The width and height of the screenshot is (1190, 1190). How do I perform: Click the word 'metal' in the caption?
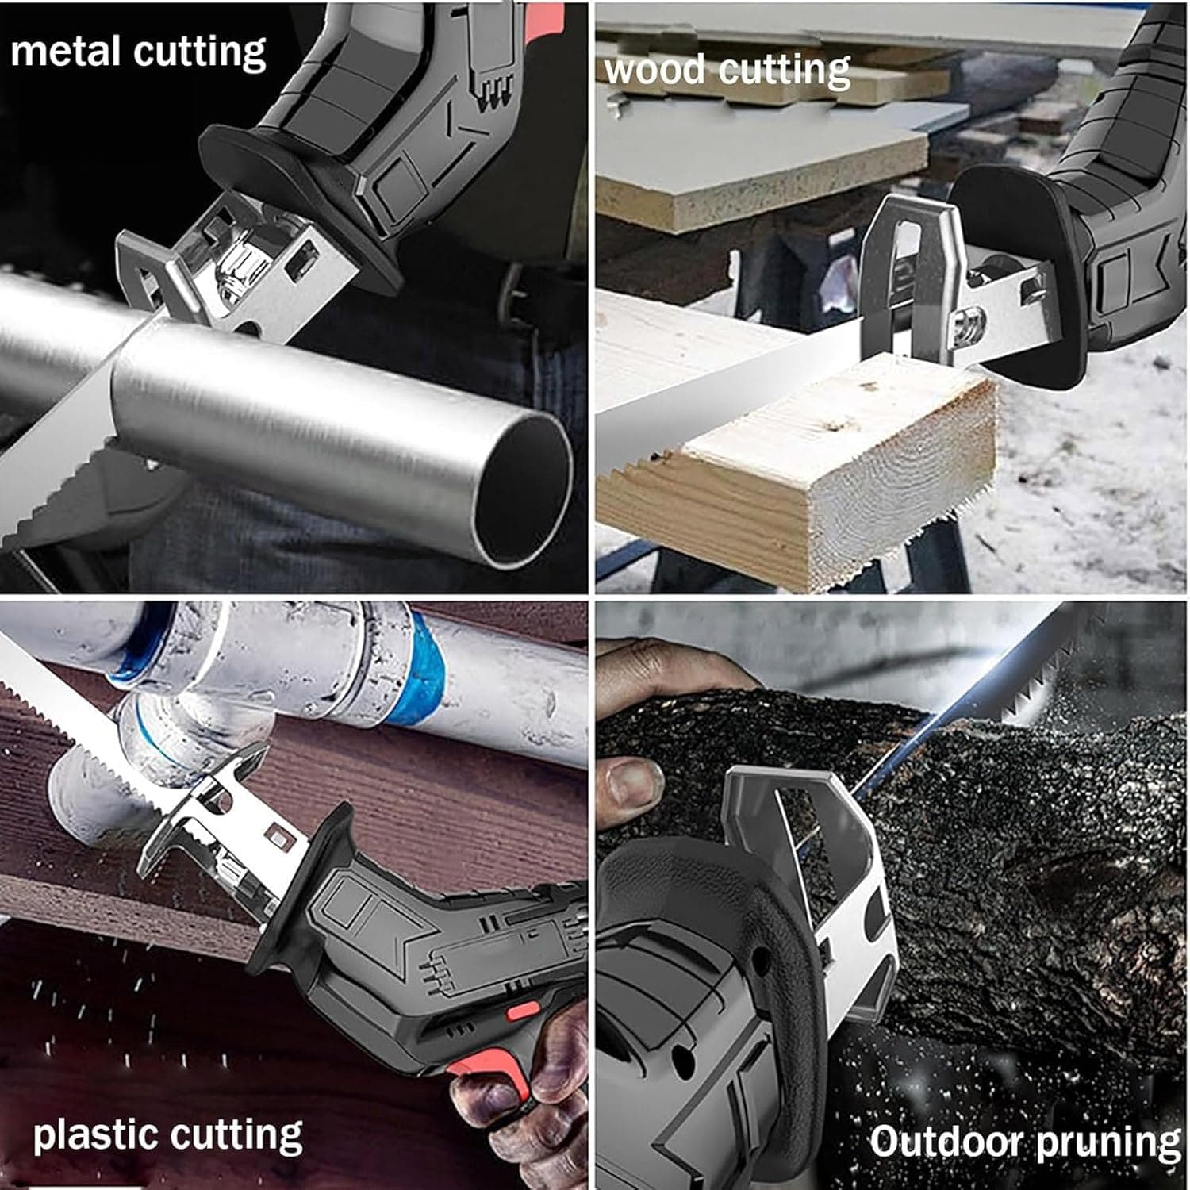[66, 52]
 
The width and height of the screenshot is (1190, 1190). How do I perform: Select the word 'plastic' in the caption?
[95, 1136]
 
